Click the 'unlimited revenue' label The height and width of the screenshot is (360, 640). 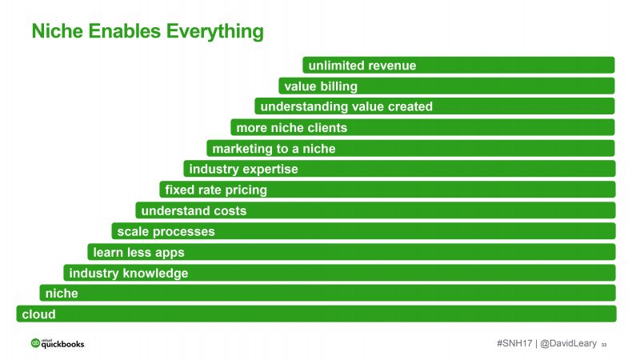(x=362, y=66)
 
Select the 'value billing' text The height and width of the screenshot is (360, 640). (x=321, y=86)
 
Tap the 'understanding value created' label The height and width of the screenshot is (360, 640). (x=346, y=106)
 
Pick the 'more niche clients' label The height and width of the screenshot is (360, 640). (x=292, y=128)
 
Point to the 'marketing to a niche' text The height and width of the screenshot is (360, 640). (x=274, y=149)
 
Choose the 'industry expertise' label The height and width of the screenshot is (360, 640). (x=244, y=169)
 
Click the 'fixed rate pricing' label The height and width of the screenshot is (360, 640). (x=216, y=190)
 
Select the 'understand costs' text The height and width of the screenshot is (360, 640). (x=194, y=210)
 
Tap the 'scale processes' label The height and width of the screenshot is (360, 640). (x=166, y=232)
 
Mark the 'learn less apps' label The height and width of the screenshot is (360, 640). (x=138, y=253)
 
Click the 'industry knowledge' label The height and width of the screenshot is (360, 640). (x=129, y=273)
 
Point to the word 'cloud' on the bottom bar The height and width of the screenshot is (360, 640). (x=38, y=314)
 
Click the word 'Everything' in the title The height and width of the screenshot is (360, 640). (x=214, y=31)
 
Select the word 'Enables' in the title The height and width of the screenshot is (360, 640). (x=125, y=31)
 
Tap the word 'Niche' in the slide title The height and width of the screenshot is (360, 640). (x=57, y=31)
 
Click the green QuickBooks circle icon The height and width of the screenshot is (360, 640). (x=35, y=343)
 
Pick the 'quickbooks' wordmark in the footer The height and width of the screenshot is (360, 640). (x=63, y=344)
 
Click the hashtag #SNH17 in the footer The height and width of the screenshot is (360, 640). (x=514, y=343)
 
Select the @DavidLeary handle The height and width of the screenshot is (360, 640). (x=568, y=344)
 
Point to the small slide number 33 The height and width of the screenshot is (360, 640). (x=604, y=345)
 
